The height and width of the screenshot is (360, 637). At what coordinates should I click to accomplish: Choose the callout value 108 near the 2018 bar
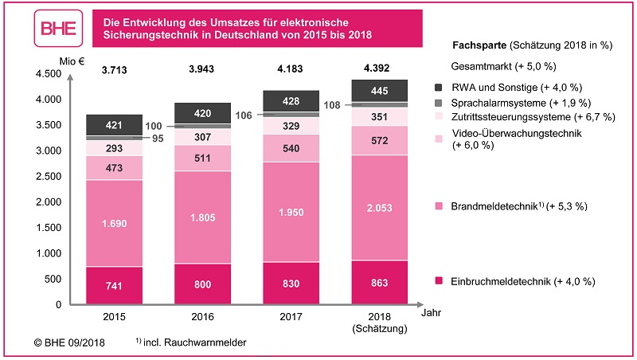(x=332, y=104)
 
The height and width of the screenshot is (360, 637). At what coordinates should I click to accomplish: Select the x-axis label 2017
(x=291, y=316)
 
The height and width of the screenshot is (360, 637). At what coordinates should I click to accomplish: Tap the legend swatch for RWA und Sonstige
(x=439, y=87)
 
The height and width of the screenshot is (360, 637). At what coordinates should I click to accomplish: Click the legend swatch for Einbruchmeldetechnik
(x=439, y=281)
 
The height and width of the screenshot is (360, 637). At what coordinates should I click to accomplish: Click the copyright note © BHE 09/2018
(x=67, y=342)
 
